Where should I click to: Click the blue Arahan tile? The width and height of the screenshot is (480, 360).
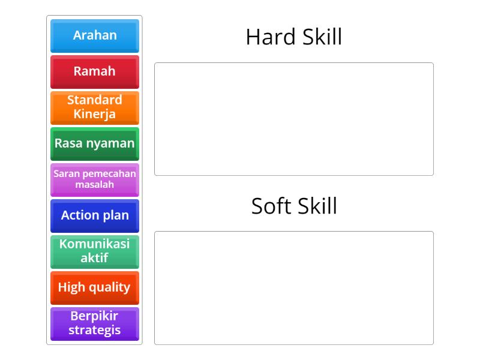pyautogui.click(x=95, y=35)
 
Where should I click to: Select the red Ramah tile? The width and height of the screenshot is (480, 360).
pyautogui.click(x=95, y=71)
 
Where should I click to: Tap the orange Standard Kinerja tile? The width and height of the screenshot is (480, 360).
pyautogui.click(x=95, y=107)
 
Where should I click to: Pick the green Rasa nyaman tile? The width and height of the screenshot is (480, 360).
pyautogui.click(x=95, y=143)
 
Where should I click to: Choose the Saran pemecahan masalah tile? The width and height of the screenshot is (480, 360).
pyautogui.click(x=95, y=179)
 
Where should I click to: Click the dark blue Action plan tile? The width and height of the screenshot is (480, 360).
pyautogui.click(x=95, y=215)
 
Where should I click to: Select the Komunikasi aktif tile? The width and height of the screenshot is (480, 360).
pyautogui.click(x=95, y=251)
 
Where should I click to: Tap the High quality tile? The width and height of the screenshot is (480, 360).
pyautogui.click(x=95, y=287)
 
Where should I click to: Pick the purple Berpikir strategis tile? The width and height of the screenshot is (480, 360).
pyautogui.click(x=95, y=323)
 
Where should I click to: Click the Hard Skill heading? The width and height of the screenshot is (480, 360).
pyautogui.click(x=294, y=37)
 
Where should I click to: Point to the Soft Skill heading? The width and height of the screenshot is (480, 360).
pyautogui.click(x=294, y=206)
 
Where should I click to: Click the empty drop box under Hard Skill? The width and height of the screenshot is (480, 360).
pyautogui.click(x=294, y=119)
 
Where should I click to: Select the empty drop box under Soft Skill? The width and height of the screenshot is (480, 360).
pyautogui.click(x=294, y=288)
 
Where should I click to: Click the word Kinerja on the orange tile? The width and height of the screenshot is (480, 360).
pyautogui.click(x=95, y=115)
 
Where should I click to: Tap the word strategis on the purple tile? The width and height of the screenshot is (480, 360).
pyautogui.click(x=95, y=331)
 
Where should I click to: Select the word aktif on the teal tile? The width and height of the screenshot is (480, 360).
pyautogui.click(x=95, y=259)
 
